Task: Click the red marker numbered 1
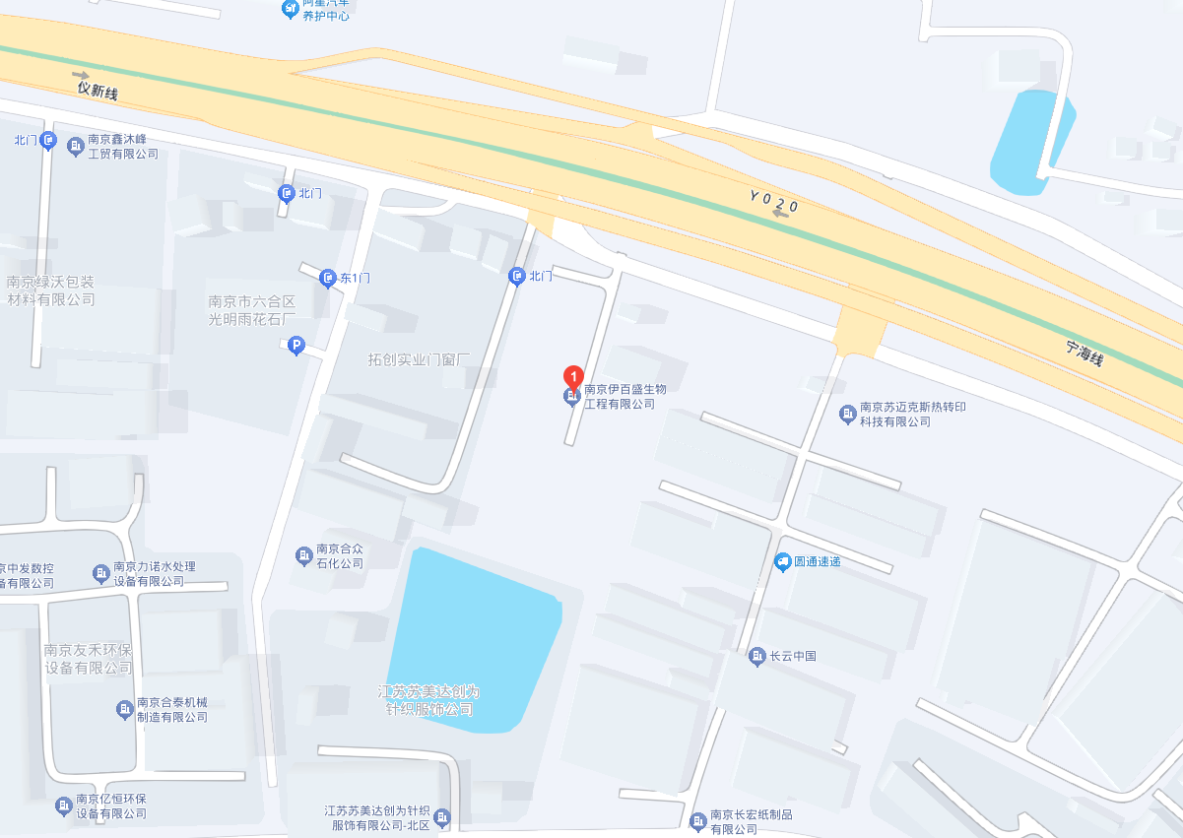point(571,376)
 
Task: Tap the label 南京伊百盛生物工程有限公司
point(619,397)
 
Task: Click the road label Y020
point(773,204)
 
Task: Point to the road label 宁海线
point(1084,353)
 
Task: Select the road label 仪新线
point(98,91)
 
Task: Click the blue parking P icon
point(295,346)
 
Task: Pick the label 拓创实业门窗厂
point(421,359)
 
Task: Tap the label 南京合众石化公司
point(339,556)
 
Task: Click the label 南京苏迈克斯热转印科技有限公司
point(894,415)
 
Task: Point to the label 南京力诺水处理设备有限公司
point(154,574)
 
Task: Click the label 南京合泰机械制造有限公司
point(172,710)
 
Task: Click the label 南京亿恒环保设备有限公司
point(111,806)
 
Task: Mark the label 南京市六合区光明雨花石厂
point(251,310)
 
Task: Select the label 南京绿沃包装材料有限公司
point(50,290)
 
